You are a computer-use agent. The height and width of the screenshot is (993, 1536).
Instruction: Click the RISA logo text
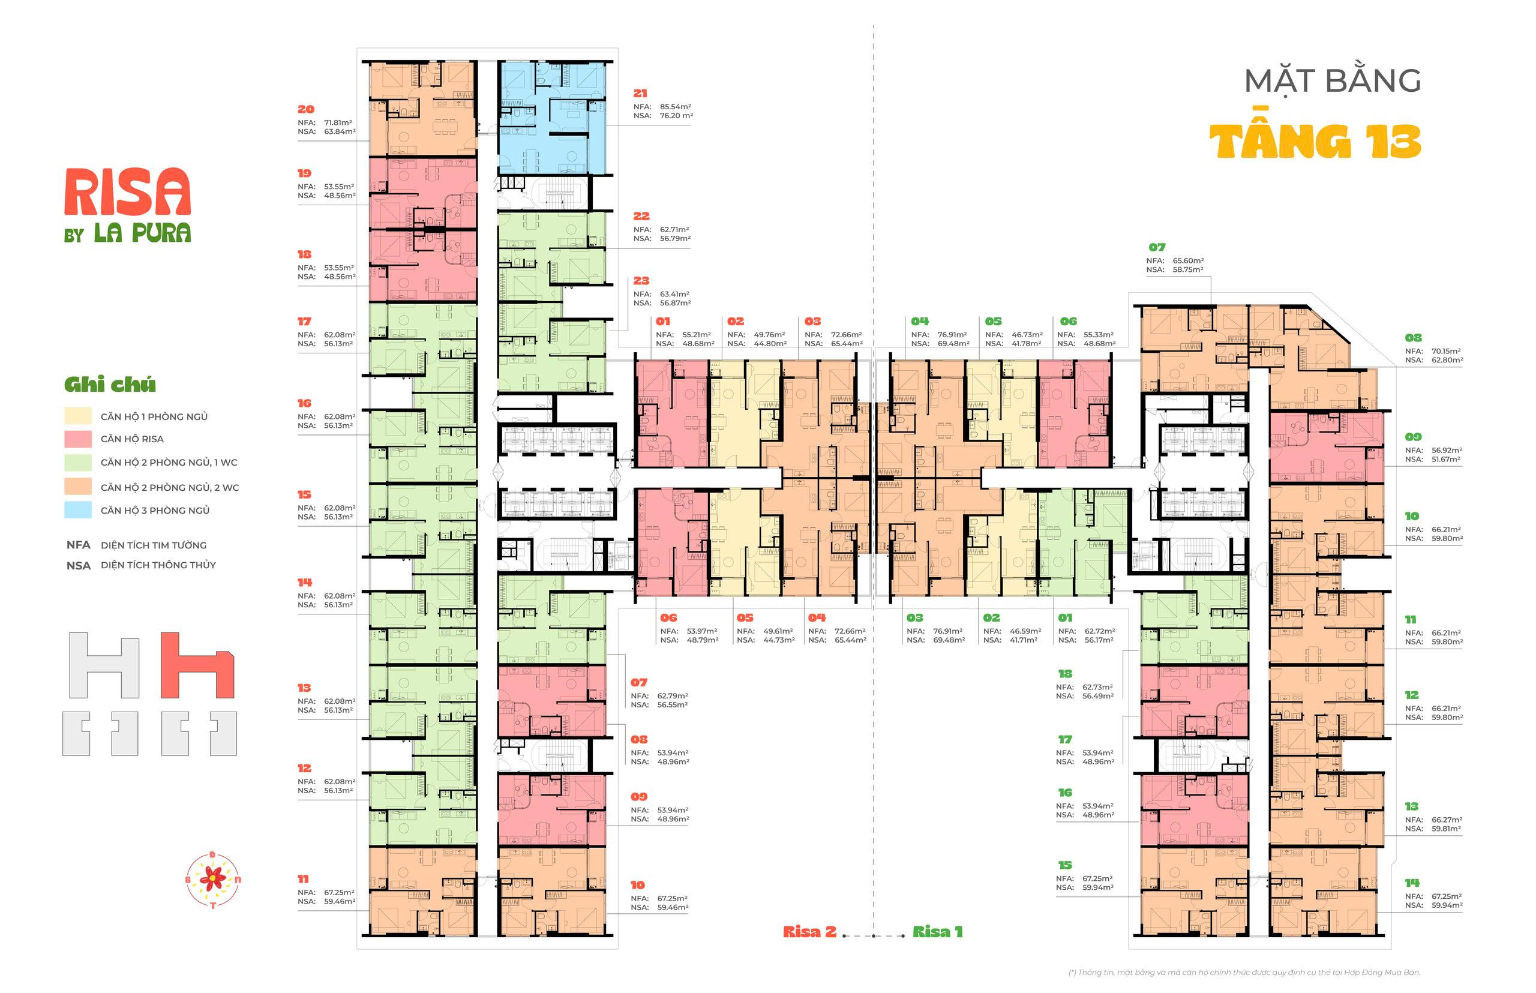point(128,191)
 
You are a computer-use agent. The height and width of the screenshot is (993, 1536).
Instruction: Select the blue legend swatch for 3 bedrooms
point(78,510)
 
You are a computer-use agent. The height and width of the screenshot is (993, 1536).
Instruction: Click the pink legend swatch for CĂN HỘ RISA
point(78,439)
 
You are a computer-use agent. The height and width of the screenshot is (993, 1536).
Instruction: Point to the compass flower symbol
point(213,879)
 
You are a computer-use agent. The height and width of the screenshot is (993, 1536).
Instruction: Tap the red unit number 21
point(640,94)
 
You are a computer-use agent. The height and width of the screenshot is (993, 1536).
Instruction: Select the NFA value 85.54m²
point(675,106)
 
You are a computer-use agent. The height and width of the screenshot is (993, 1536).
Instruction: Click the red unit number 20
point(305,109)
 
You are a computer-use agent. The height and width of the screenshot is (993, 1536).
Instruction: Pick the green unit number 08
point(1413,338)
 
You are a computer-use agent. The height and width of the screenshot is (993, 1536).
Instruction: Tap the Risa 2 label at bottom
point(809,932)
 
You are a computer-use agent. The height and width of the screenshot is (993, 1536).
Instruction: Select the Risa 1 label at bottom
point(938,932)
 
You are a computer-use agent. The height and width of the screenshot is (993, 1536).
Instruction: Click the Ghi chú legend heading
point(110,385)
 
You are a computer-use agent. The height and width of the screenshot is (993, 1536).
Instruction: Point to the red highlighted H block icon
point(197,665)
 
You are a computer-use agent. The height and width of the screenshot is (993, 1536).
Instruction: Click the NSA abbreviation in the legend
point(78,565)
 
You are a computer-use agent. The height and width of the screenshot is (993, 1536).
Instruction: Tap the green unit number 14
point(1412,883)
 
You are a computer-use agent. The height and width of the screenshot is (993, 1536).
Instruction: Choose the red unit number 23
point(641,280)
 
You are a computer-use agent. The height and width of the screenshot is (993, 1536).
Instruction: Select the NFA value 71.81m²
point(339,122)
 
